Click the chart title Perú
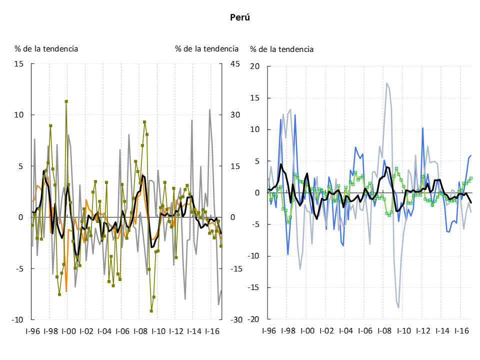240,17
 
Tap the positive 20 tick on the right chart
255,66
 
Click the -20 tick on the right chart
254,319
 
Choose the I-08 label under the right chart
384,331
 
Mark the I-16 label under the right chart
461,331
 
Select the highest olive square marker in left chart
66,101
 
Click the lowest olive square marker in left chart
151,310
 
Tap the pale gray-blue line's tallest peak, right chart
387,83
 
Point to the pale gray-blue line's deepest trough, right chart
398,307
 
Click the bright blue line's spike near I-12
422,128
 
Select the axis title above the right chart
282,49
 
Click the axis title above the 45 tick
206,48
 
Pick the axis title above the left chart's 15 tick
46,48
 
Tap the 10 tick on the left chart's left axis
20,115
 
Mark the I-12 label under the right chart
423,331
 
